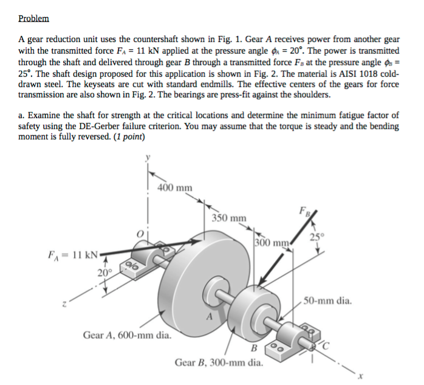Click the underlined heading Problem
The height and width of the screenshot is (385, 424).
tap(33, 19)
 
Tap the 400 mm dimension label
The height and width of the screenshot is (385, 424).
tap(175, 187)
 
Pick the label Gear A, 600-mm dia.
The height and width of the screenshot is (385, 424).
tap(126, 335)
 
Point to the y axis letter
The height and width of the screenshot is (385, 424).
tap(146, 159)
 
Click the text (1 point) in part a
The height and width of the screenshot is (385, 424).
tap(127, 137)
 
